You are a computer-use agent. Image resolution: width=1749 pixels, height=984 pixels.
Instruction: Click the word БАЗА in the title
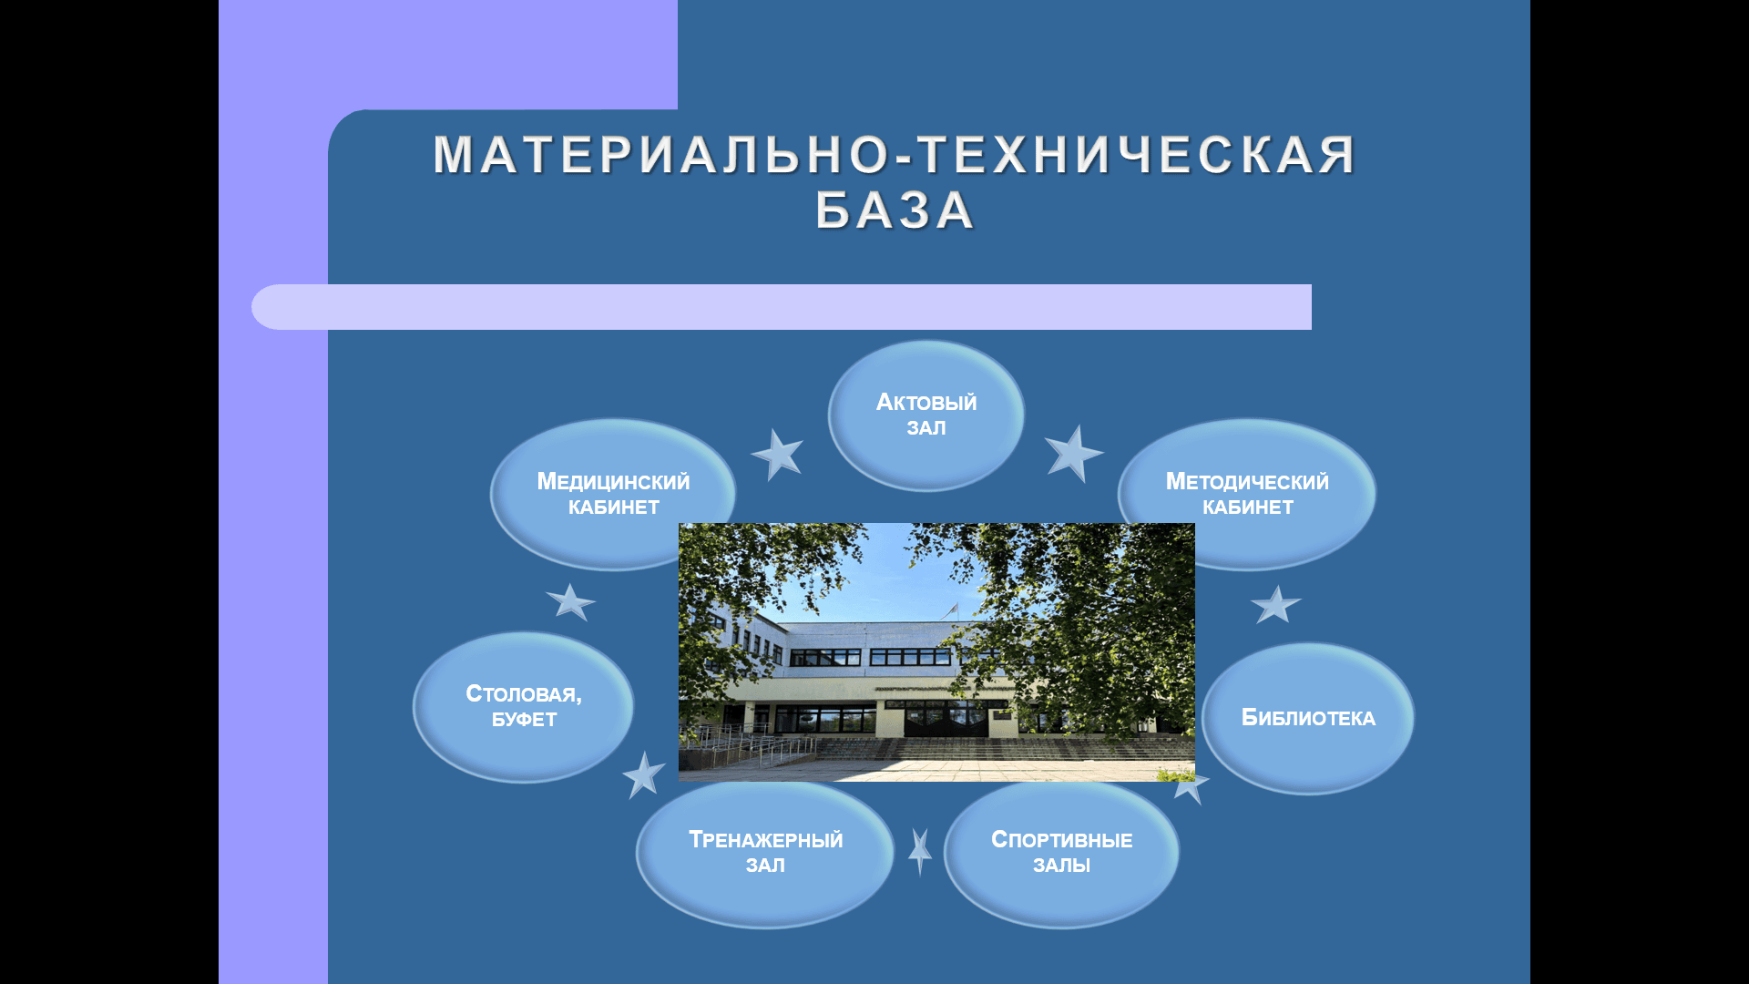[x=895, y=210]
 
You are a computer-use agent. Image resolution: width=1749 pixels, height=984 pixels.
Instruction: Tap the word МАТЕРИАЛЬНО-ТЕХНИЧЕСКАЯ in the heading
[x=895, y=154]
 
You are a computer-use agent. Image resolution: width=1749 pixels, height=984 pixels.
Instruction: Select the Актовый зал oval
[x=926, y=415]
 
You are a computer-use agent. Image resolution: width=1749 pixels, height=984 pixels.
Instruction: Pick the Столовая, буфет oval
[x=524, y=707]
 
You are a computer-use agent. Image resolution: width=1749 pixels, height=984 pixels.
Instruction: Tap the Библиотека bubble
[x=1308, y=718]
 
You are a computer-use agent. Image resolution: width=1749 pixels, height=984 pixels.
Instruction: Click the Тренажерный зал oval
[x=765, y=853]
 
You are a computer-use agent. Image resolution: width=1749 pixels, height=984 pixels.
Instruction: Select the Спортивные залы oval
[x=1062, y=853]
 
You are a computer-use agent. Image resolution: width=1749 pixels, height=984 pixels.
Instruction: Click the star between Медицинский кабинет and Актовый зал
[x=777, y=454]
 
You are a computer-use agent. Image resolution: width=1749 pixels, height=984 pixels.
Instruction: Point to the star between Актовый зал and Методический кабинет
[x=1074, y=453]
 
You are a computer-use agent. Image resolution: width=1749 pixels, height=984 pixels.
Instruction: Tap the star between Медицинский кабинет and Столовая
[x=570, y=602]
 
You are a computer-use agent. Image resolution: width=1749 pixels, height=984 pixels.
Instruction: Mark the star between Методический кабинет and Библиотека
[x=1275, y=604]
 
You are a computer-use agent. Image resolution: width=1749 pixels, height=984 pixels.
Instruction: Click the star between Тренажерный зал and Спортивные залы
[x=920, y=852]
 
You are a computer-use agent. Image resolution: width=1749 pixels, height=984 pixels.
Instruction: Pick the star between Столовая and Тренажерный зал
[x=644, y=775]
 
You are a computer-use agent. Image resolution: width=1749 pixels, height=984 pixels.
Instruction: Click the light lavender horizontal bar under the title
[x=782, y=307]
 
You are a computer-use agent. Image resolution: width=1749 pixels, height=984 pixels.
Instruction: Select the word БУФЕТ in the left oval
[x=524, y=720]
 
